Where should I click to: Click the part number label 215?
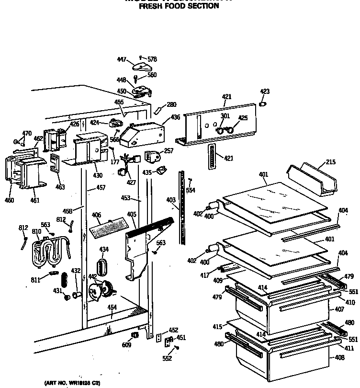pos(330,163)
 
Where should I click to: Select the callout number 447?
pos(122,59)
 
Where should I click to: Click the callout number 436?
pos(175,117)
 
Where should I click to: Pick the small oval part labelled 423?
pos(262,103)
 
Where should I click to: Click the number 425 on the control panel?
pos(243,117)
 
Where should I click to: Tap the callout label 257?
pos(169,151)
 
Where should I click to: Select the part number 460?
pos(10,200)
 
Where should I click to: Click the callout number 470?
pos(27,133)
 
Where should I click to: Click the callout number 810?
pos(36,232)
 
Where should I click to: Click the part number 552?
pos(167,358)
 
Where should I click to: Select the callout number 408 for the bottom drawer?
pos(339,357)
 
